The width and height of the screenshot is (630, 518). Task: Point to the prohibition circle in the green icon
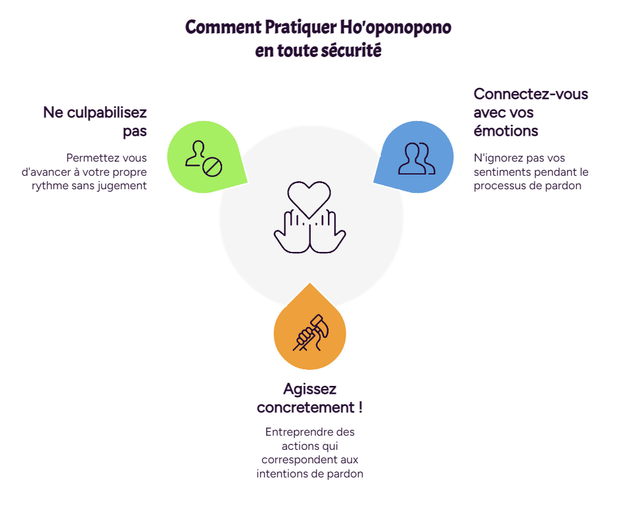(x=212, y=167)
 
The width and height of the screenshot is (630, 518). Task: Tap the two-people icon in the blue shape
(x=417, y=159)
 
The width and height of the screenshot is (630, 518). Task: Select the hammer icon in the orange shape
(x=311, y=332)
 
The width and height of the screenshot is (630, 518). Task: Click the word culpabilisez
(x=107, y=112)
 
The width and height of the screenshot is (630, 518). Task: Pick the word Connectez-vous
(x=531, y=94)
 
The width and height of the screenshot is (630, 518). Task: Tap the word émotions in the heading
(x=506, y=131)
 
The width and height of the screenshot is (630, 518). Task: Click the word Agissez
(x=310, y=389)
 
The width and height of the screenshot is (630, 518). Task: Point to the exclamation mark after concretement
(x=361, y=407)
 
